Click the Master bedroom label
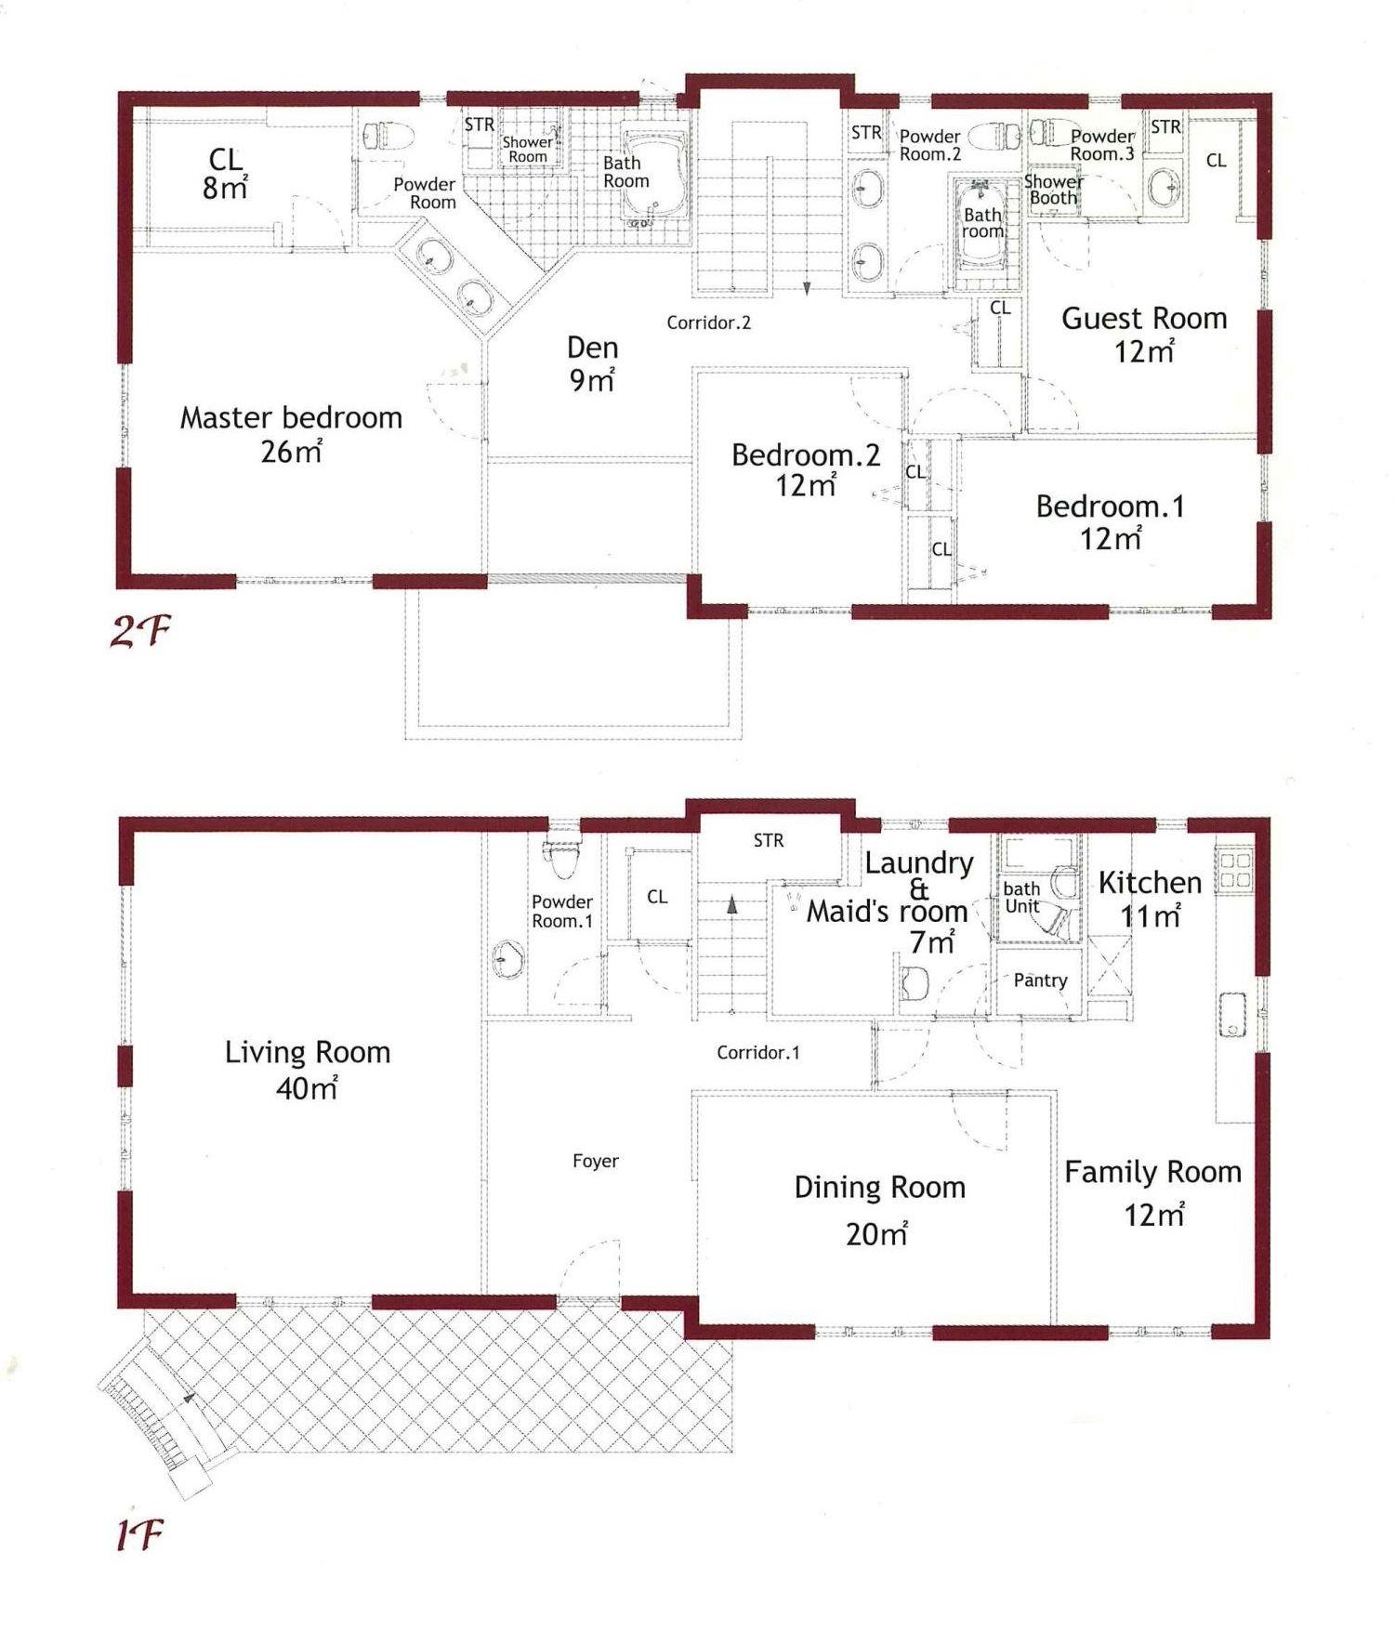pyautogui.click(x=291, y=418)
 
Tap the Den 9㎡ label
pyautogui.click(x=592, y=363)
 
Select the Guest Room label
pyautogui.click(x=1144, y=319)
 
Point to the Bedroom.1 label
pyautogui.click(x=1110, y=506)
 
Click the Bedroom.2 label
pyautogui.click(x=806, y=455)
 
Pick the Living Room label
pyautogui.click(x=308, y=1052)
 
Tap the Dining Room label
pyautogui.click(x=880, y=1188)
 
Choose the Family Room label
pyautogui.click(x=1153, y=1173)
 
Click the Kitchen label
pyautogui.click(x=1150, y=883)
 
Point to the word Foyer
pyautogui.click(x=596, y=1161)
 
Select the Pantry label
pyautogui.click(x=1040, y=980)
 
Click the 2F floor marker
pyautogui.click(x=140, y=632)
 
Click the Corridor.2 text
pyautogui.click(x=708, y=323)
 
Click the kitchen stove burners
pyautogui.click(x=1235, y=870)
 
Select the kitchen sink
pyautogui.click(x=1232, y=1015)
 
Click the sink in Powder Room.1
pyautogui.click(x=507, y=959)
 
